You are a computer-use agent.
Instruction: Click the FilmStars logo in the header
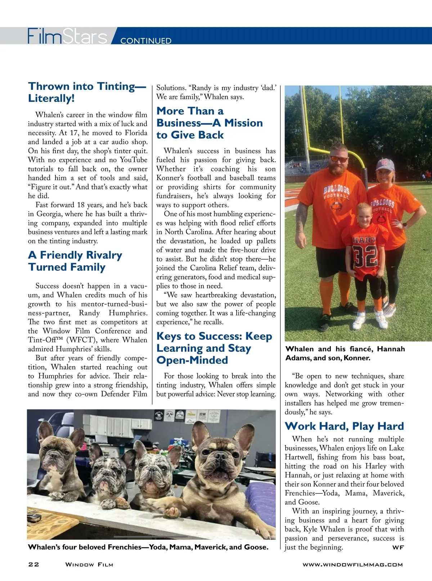pos(67,36)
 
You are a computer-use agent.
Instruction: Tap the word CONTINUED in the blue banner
pos(146,41)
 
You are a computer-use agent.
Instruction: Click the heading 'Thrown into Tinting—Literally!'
pos(87,92)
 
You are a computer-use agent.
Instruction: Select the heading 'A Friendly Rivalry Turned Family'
pos(75,261)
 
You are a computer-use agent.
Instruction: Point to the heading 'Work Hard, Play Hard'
pos(344,426)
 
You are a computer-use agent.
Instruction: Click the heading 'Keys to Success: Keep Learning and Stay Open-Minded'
pos(214,348)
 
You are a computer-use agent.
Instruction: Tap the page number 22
pos(33,564)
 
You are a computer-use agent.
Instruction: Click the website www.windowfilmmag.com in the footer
pos(352,564)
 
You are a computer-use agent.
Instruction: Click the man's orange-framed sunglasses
pos(339,159)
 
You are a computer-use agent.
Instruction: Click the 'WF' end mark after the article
pos(398,548)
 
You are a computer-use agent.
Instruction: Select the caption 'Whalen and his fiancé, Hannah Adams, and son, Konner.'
pos(345,353)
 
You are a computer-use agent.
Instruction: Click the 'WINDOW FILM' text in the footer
pos(89,564)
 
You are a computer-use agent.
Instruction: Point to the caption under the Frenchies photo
pos(148,547)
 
